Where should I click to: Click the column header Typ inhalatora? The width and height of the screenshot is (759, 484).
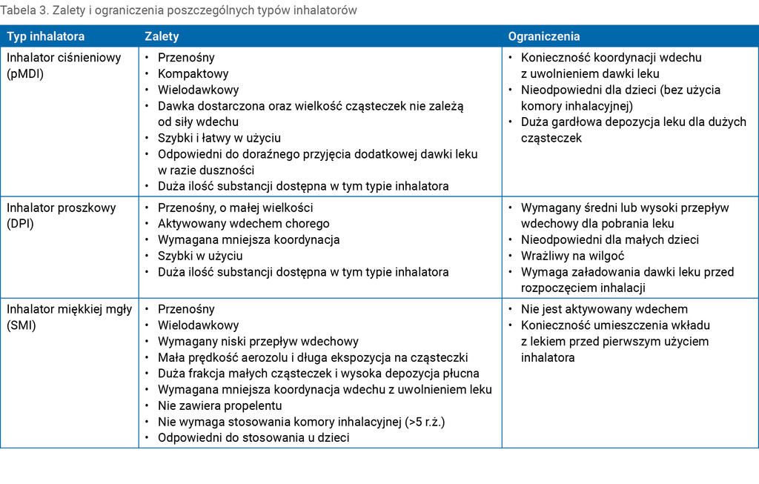(46, 36)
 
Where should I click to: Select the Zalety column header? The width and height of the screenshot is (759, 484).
(162, 36)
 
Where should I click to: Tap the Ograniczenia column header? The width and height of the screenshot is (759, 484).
(544, 36)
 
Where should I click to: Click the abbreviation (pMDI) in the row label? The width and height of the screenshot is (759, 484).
(26, 73)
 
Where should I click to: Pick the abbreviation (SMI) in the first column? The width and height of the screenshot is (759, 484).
(22, 325)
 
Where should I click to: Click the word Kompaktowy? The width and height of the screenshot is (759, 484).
(193, 73)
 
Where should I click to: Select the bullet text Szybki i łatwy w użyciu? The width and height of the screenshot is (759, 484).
(219, 138)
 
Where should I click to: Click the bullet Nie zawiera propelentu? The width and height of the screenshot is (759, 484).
(219, 405)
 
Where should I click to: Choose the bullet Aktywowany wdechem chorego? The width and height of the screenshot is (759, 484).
(243, 224)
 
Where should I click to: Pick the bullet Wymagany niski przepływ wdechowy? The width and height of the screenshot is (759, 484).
(258, 342)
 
